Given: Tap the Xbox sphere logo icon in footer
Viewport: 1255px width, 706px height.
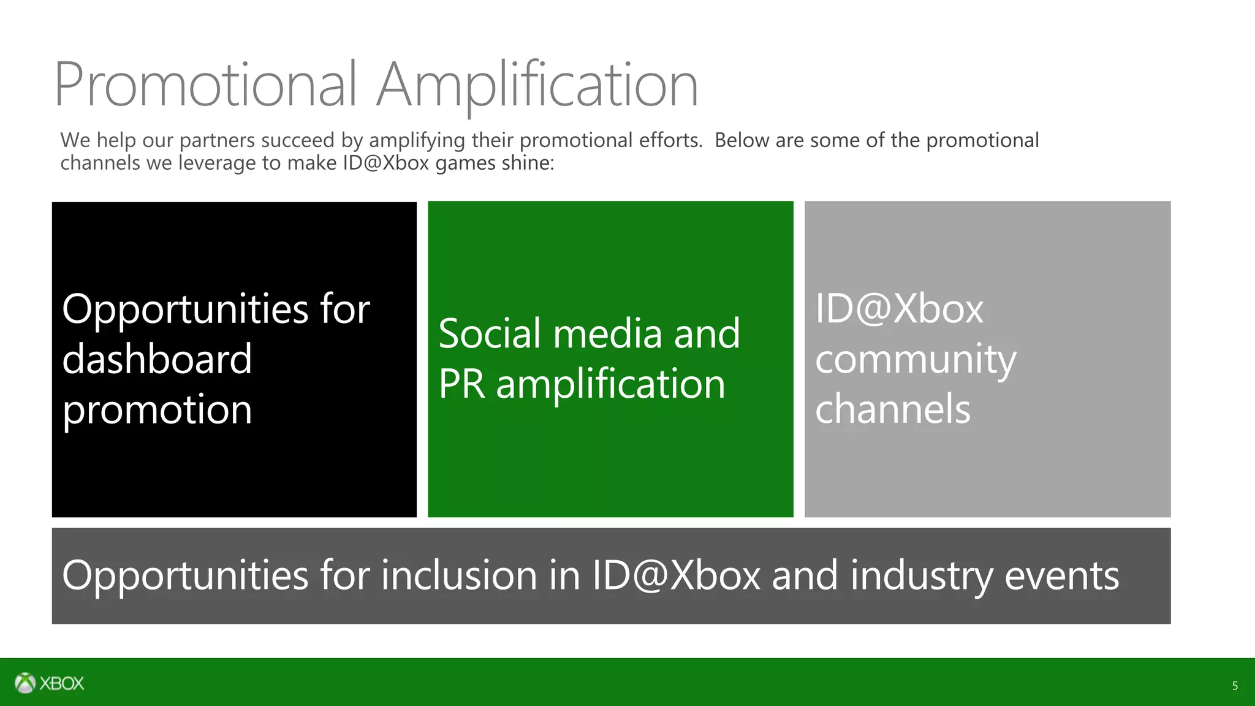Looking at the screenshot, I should click(x=25, y=683).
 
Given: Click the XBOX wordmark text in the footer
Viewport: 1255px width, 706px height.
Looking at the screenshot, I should click(x=62, y=683).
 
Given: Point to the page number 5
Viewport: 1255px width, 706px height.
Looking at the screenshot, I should click(x=1235, y=686).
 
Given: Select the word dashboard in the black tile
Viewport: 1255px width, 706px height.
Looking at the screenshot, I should click(x=157, y=359).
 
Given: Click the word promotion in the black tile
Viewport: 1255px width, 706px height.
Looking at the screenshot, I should click(x=157, y=410).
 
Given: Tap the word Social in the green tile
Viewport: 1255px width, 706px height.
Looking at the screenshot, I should click(x=490, y=334).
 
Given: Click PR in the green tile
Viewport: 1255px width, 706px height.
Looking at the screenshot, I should click(x=461, y=384).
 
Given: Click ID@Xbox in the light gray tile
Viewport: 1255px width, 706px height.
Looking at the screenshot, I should click(x=899, y=308).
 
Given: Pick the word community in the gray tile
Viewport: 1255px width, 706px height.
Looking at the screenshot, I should click(x=916, y=360).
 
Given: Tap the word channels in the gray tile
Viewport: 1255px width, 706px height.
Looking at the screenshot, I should click(x=893, y=409).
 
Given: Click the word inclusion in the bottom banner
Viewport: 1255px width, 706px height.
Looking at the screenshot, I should click(x=459, y=575).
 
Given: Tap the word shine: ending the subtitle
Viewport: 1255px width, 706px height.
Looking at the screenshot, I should click(x=528, y=163).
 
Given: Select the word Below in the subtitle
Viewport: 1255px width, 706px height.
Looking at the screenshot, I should click(x=741, y=140).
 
